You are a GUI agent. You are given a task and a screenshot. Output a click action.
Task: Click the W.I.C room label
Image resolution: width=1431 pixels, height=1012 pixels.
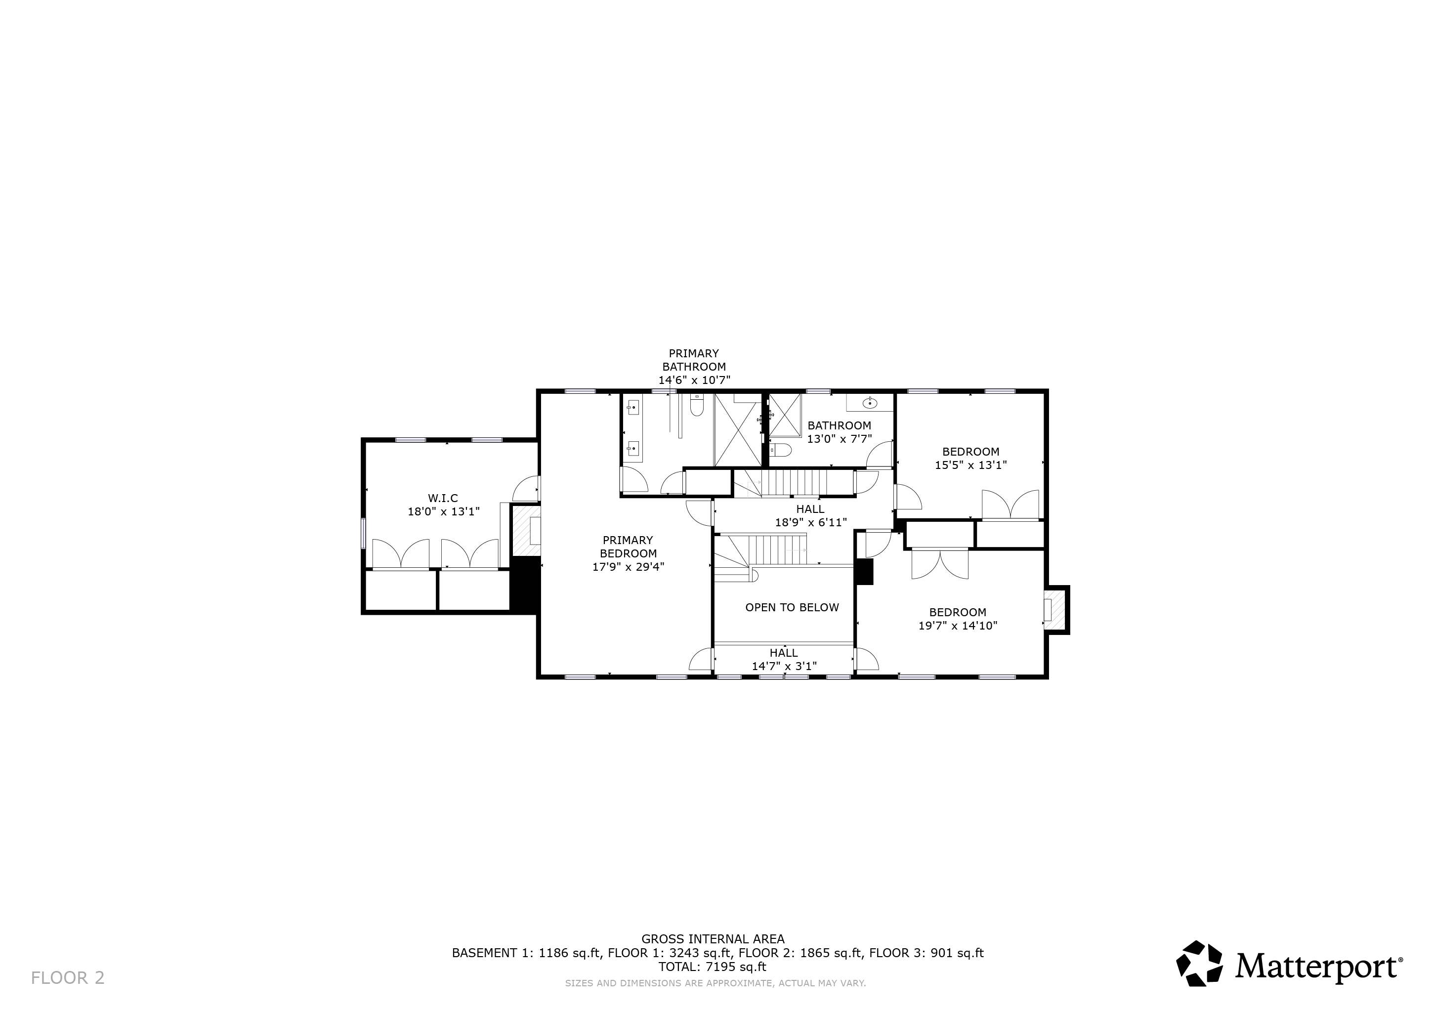tap(443, 499)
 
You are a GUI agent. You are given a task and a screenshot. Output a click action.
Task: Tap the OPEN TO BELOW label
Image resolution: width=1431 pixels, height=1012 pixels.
tap(792, 608)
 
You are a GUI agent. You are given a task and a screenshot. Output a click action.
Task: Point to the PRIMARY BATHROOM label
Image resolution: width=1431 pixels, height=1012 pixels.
tap(694, 360)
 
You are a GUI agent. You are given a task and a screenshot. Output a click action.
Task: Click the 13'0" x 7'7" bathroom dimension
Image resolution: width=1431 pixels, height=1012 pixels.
tap(839, 439)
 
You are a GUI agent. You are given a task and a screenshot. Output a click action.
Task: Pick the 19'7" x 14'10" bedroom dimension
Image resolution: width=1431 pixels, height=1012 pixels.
tap(958, 626)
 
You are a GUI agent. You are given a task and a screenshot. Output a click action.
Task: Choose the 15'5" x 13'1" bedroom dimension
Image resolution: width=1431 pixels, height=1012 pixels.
tap(970, 465)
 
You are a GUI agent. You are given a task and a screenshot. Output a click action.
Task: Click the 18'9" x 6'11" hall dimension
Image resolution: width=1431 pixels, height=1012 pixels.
tap(811, 523)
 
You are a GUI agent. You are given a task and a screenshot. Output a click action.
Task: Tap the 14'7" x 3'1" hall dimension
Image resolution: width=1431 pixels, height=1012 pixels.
tap(784, 666)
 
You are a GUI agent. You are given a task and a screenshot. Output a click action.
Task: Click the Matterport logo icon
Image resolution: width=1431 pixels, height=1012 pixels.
tap(1199, 964)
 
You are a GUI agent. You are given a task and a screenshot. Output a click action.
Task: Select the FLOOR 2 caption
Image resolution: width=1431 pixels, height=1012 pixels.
tap(68, 978)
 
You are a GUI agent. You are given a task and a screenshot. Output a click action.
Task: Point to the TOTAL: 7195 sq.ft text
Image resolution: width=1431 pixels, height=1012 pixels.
tap(713, 967)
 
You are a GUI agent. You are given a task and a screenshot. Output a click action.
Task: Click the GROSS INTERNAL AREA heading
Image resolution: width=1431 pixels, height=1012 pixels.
tap(713, 939)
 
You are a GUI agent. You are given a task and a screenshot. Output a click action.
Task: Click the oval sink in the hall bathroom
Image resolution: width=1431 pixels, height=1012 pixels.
tap(870, 403)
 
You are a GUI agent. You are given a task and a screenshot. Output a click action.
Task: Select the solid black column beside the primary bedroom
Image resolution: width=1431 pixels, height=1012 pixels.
tap(525, 585)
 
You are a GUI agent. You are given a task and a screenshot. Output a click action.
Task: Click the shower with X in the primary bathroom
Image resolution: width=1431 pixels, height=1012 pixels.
tap(738, 430)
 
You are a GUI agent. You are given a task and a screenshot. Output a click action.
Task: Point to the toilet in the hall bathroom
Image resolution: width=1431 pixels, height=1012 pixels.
tap(780, 450)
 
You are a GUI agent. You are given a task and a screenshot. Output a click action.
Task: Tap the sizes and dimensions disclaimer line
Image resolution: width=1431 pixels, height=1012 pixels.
tap(715, 983)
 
